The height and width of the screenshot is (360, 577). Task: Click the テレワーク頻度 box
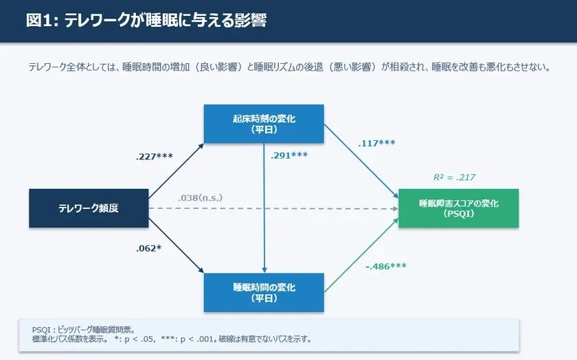89,207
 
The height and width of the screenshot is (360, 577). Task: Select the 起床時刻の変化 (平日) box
264,124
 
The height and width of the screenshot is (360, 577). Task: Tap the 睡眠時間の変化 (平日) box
264,292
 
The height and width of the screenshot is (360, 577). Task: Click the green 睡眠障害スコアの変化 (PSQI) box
458,207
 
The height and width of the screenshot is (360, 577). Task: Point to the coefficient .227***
154,157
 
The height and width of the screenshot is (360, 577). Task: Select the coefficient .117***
376,143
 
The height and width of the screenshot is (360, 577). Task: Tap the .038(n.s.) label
200,198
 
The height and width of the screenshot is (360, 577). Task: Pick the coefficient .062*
148,247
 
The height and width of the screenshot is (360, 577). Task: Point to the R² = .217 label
454,177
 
